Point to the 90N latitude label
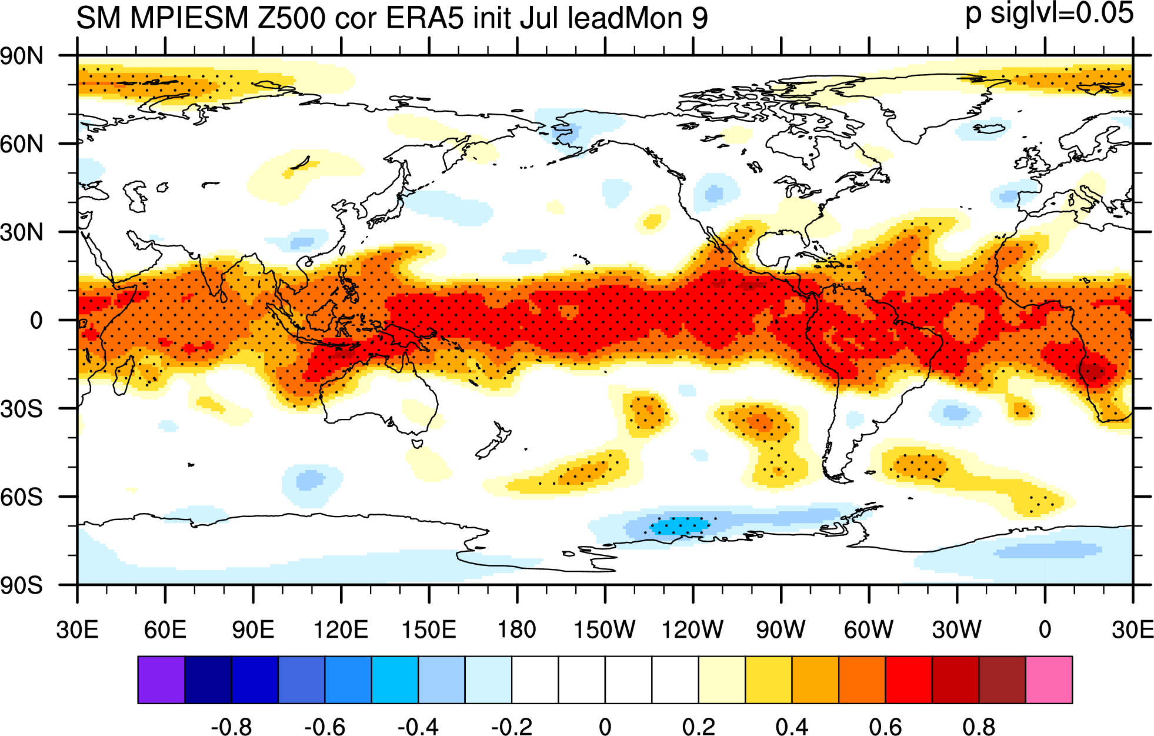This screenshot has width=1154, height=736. click(x=22, y=56)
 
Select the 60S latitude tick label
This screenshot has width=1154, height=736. click(x=22, y=497)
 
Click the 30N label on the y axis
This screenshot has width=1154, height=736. click(x=22, y=232)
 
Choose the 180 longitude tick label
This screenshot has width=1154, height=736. click(x=517, y=630)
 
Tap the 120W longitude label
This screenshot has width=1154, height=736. click(x=693, y=630)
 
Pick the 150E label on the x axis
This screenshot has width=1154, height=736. click(x=429, y=630)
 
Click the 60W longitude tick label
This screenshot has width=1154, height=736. click(x=869, y=630)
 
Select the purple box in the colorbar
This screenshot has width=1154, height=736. click(x=161, y=680)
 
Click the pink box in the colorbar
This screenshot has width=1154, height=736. click(x=1049, y=680)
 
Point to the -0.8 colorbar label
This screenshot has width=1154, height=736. click(x=231, y=727)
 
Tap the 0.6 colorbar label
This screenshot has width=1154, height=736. click(x=886, y=727)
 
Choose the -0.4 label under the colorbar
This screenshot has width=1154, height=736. click(x=418, y=727)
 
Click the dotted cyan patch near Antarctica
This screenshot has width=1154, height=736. click(x=679, y=525)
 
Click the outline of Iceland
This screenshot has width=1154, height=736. click(x=989, y=128)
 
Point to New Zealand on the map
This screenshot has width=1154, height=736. click(x=491, y=440)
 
